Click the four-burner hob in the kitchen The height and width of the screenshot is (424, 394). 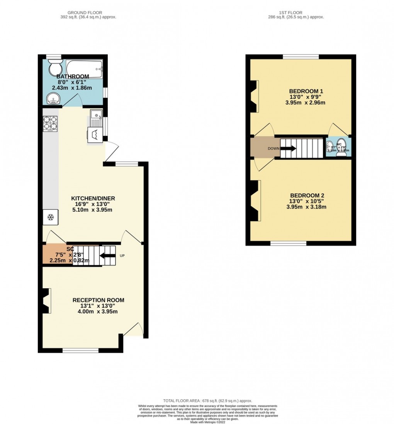coord(50,124)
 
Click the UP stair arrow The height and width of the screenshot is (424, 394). coord(107,255)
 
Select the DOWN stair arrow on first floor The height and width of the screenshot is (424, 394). coord(290,148)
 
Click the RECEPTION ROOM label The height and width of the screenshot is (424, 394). coord(98,300)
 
